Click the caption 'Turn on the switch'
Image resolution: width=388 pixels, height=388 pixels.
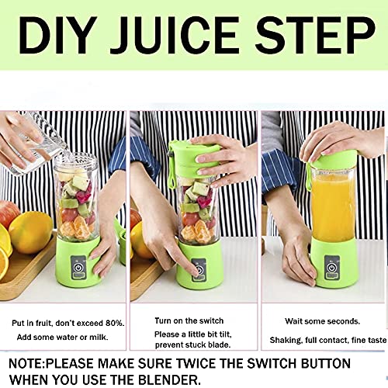pyautogui.click(x=188, y=320)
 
